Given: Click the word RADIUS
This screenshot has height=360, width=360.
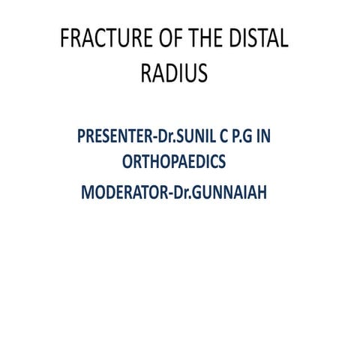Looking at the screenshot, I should tap(174, 73).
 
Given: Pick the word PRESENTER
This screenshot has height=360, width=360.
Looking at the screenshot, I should tap(112, 138).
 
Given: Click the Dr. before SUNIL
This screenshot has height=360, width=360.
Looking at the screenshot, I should tap(163, 138).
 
